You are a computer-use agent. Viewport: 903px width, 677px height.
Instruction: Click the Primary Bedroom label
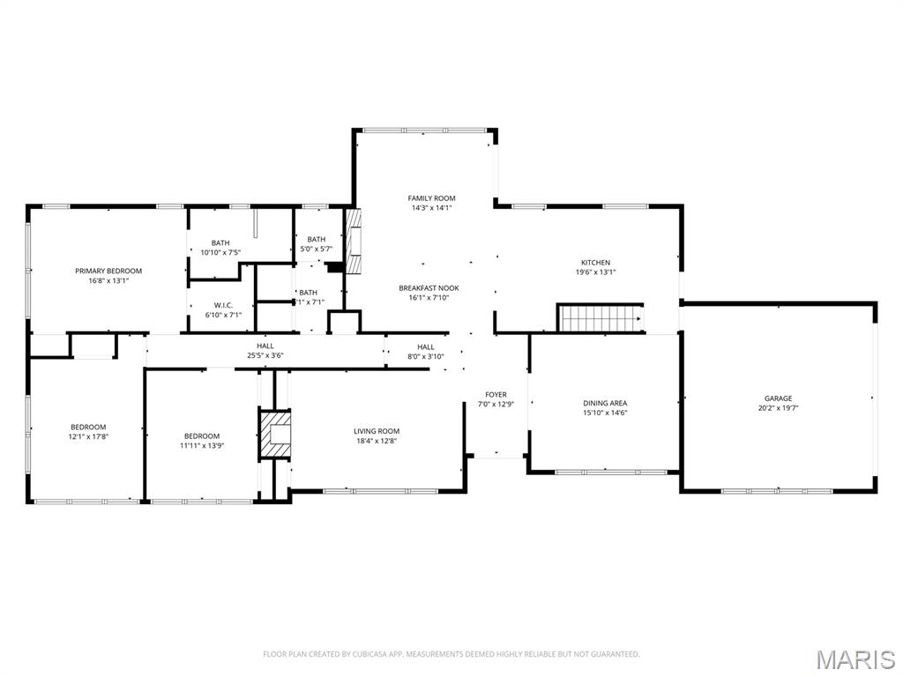(108, 271)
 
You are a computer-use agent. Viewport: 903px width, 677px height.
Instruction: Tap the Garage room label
(778, 398)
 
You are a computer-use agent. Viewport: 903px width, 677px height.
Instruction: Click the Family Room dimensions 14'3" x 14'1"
(431, 208)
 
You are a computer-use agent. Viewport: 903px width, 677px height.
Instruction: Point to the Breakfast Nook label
(429, 288)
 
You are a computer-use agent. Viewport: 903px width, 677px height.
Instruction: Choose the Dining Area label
(605, 403)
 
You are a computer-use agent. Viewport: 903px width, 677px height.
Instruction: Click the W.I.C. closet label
(222, 305)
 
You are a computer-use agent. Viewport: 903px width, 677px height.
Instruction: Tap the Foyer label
(496, 394)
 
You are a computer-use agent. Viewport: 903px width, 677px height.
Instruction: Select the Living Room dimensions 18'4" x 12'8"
(377, 441)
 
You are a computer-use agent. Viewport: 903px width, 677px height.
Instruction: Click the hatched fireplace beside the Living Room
(275, 433)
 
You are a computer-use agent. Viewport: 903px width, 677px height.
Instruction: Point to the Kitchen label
(595, 263)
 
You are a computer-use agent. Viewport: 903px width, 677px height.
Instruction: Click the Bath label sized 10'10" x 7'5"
(220, 243)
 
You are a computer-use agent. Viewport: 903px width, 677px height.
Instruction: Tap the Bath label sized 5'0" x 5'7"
(316, 239)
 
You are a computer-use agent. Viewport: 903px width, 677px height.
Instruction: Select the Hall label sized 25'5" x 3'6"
(265, 346)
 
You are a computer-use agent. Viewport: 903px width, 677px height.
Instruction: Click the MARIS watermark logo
(855, 658)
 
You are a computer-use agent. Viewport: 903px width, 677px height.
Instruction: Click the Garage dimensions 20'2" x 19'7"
(778, 408)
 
